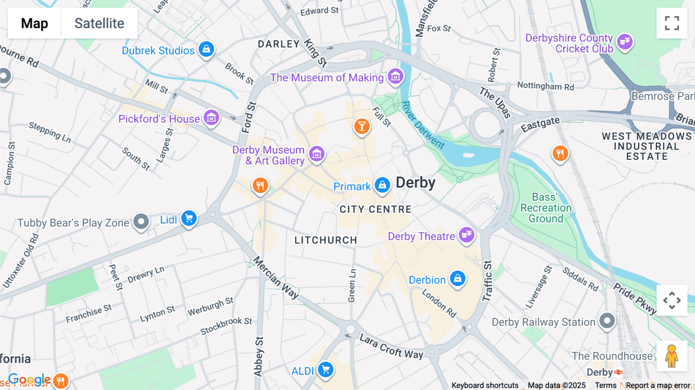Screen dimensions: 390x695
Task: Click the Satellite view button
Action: click(99, 23)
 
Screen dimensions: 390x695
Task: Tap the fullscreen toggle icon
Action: click(671, 23)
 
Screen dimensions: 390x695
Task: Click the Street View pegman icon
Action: click(671, 356)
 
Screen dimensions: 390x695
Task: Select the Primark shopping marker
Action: click(382, 185)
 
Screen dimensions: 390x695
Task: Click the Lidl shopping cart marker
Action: click(189, 219)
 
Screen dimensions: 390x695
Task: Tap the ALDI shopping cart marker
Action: click(325, 370)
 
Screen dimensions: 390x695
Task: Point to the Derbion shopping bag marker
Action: click(458, 278)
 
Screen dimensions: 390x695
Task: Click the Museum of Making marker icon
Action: click(395, 76)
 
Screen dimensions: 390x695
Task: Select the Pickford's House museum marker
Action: click(211, 118)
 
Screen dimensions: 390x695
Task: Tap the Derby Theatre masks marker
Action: click(466, 234)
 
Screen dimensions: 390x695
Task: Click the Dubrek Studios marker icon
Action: click(206, 49)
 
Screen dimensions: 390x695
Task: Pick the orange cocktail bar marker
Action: click(362, 126)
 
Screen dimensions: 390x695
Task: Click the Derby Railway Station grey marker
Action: click(607, 320)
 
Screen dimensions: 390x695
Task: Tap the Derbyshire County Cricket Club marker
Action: click(625, 41)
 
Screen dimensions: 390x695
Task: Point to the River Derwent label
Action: click(423, 125)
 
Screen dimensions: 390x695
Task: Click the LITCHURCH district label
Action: click(325, 240)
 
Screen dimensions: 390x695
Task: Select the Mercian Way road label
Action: click(276, 277)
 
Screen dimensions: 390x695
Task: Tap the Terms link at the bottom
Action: click(605, 385)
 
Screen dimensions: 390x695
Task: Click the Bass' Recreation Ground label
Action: click(546, 208)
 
